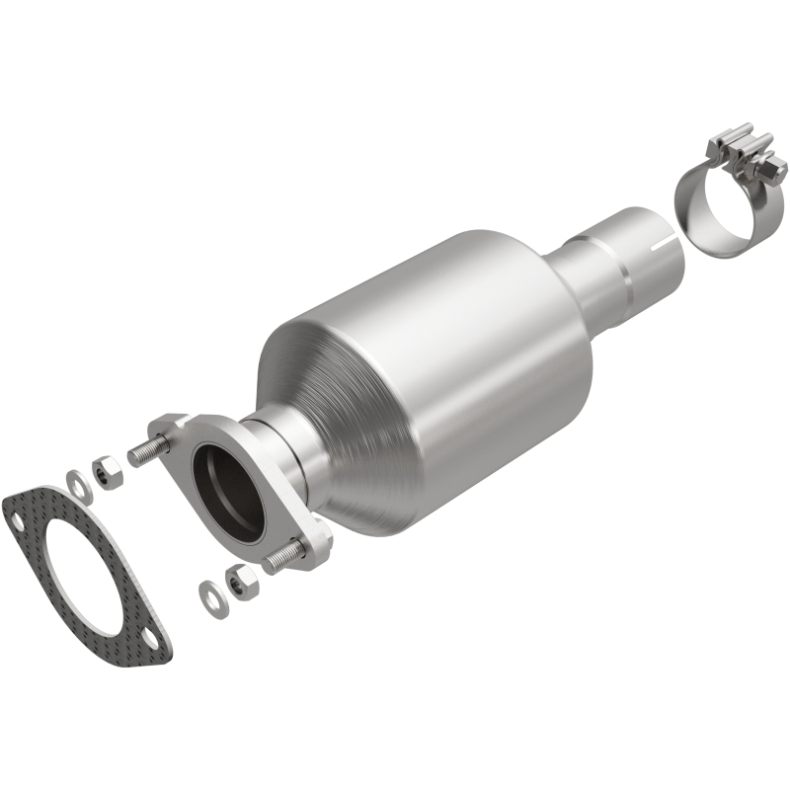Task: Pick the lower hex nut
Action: pos(236,580)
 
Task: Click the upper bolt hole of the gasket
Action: pos(17,513)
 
